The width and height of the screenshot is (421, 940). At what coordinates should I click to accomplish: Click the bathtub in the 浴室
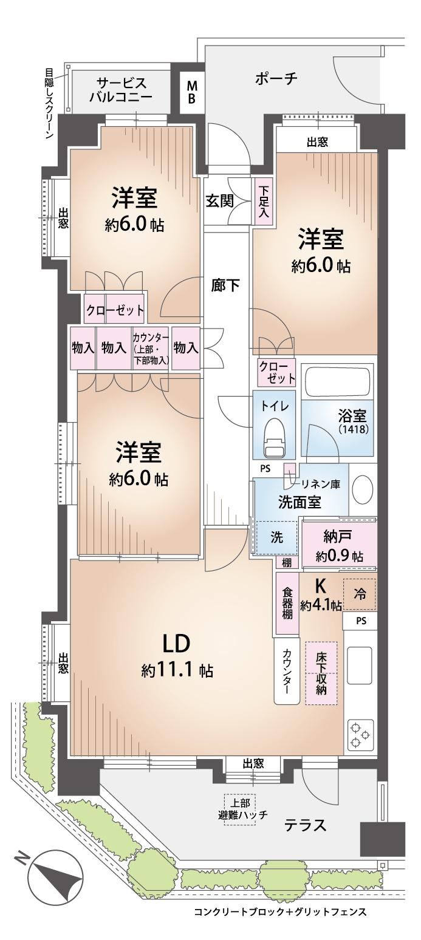click(338, 380)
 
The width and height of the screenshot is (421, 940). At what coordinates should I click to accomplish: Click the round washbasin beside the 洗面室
click(362, 491)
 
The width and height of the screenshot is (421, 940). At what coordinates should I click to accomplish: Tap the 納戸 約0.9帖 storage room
click(340, 545)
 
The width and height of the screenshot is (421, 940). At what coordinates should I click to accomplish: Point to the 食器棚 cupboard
click(287, 604)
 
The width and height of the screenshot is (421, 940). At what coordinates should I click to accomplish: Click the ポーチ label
click(276, 79)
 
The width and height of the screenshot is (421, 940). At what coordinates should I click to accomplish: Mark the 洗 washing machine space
click(276, 537)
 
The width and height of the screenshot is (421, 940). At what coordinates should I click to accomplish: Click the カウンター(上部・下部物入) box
click(151, 349)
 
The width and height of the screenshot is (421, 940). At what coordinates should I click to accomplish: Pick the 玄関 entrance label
click(219, 202)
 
